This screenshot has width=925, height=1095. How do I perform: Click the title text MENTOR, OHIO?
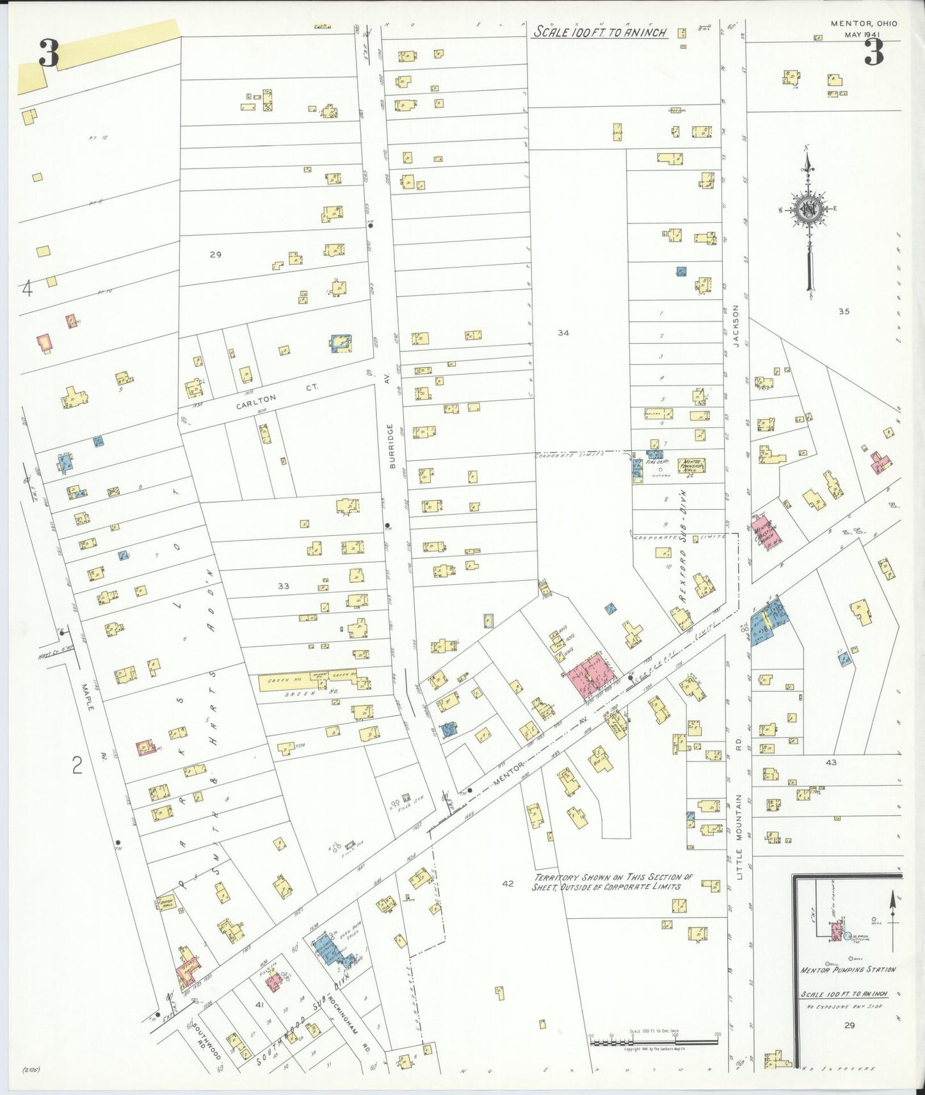(864, 24)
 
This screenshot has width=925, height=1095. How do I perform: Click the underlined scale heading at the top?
(600, 32)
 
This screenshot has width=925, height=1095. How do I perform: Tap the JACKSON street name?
(736, 326)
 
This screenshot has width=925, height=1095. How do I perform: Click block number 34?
(563, 332)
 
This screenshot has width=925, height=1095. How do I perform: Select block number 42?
(508, 884)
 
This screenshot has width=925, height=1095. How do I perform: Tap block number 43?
(831, 762)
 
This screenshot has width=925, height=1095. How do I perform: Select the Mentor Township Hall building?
(691, 466)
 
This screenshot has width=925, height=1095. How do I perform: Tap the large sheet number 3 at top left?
(48, 53)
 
